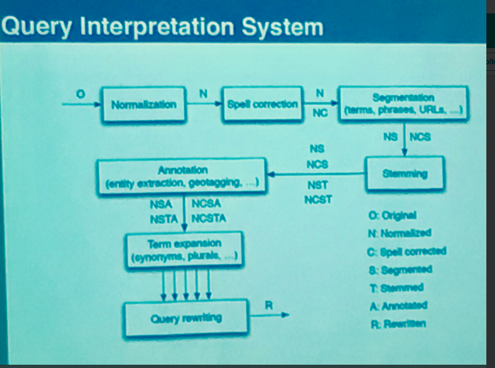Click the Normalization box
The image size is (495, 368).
tap(143, 104)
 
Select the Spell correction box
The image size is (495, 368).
tap(263, 104)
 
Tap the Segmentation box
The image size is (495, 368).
tap(403, 105)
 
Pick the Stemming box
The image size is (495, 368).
tap(405, 173)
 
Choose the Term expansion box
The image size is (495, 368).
tap(184, 250)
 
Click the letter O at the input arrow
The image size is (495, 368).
tap(81, 94)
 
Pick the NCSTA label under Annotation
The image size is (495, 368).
tap(209, 219)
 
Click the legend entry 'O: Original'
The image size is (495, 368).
tap(392, 215)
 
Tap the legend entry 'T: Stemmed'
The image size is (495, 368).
tap(395, 287)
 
